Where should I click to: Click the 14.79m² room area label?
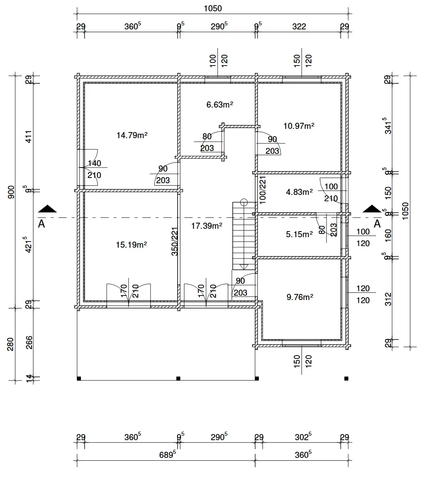132,135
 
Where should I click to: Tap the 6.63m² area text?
220,105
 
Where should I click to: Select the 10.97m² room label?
299,126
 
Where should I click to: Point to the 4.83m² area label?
299,192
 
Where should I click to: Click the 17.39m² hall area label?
207,226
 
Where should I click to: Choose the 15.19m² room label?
131,245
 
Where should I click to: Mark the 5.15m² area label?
299,234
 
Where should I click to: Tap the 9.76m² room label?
300,297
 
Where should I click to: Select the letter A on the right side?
377,224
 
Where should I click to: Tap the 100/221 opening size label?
263,189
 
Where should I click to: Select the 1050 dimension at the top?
213,8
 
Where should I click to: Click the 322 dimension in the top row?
299,27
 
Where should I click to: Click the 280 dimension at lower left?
11,344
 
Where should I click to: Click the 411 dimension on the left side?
29,137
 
